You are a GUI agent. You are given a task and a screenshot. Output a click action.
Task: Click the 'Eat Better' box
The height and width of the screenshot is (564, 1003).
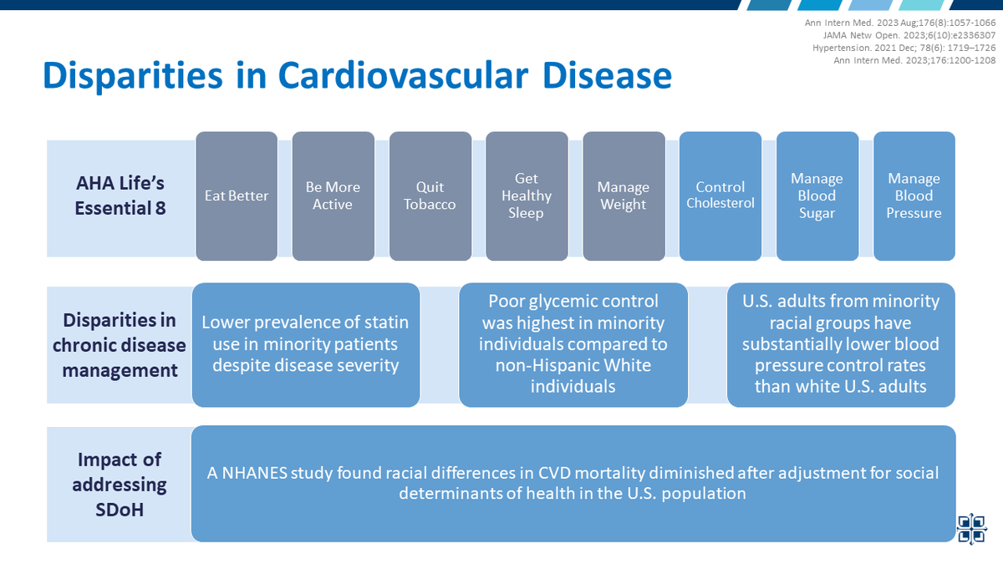coord(237,196)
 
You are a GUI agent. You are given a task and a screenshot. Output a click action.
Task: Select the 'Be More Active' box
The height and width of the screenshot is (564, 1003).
coord(333,196)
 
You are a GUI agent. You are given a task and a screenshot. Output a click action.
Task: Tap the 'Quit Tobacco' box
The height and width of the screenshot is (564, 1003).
coord(430,196)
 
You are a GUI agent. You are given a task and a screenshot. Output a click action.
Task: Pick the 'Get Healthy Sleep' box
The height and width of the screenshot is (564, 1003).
coord(527,196)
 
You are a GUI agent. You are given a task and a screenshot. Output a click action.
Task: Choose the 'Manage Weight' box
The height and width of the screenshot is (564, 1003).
coord(624,196)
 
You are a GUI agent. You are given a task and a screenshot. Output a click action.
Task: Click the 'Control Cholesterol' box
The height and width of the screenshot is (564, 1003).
coord(720,196)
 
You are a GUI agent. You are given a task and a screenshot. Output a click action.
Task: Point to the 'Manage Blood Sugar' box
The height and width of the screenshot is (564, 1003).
coord(817,196)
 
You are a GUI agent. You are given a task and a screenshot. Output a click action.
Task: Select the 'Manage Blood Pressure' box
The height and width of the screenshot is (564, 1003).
coord(914,196)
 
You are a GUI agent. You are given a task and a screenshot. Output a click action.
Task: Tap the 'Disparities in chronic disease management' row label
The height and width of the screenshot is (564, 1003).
coord(120,344)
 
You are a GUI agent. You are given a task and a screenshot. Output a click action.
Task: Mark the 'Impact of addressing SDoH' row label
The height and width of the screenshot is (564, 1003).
coord(120,484)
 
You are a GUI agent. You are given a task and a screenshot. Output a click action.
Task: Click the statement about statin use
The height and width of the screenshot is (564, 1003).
coord(306,344)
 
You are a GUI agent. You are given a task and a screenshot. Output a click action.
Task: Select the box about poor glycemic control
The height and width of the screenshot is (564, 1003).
coord(573,344)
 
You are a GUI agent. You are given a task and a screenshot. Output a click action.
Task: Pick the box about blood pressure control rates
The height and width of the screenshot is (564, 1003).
coord(841,344)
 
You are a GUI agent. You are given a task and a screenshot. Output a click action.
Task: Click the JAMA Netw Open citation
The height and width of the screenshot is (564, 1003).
coord(934,35)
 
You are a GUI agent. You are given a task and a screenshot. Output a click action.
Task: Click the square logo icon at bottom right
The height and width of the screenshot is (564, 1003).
coord(971,528)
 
